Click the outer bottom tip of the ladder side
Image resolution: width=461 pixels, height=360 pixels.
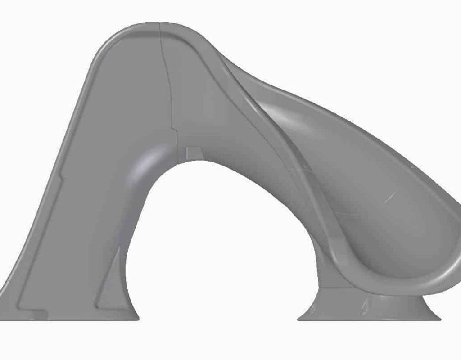pyautogui.click(x=4, y=317)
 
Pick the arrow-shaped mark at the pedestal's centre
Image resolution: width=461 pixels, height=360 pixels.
pyautogui.click(x=365, y=306)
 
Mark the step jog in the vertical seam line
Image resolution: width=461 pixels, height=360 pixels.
pyautogui.click(x=176, y=130)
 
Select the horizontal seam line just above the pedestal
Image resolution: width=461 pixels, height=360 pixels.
pyautogui.click(x=338, y=286)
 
